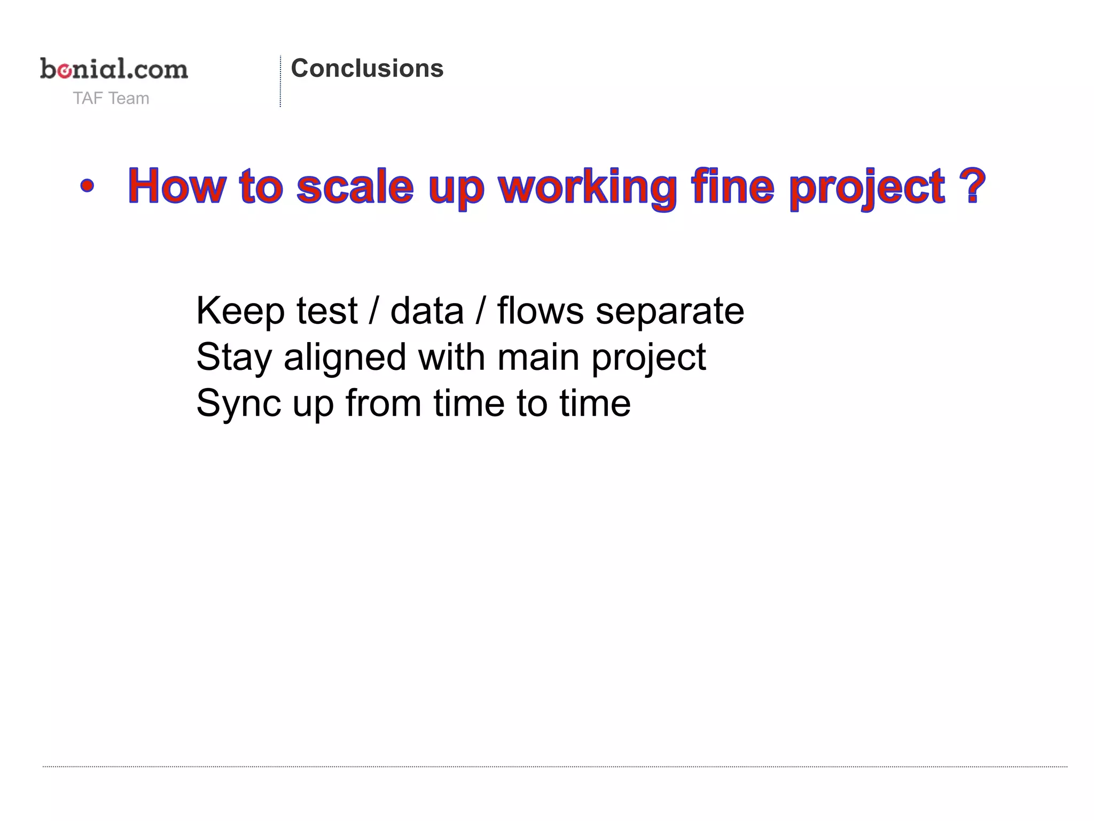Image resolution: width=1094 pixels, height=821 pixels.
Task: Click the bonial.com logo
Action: pos(114,69)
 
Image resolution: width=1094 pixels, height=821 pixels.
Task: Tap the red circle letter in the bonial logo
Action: pos(65,71)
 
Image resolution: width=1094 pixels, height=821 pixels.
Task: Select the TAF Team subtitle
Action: pos(111,98)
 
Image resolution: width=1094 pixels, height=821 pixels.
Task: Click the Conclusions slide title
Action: pos(367,68)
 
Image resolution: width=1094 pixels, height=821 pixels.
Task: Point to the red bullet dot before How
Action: pos(87,187)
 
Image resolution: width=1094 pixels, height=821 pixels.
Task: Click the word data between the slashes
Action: pos(427,311)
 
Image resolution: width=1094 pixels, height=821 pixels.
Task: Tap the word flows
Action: pos(540,311)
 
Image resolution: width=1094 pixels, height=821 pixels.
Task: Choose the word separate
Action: pos(670,312)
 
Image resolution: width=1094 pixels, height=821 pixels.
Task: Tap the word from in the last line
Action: pos(383,403)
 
